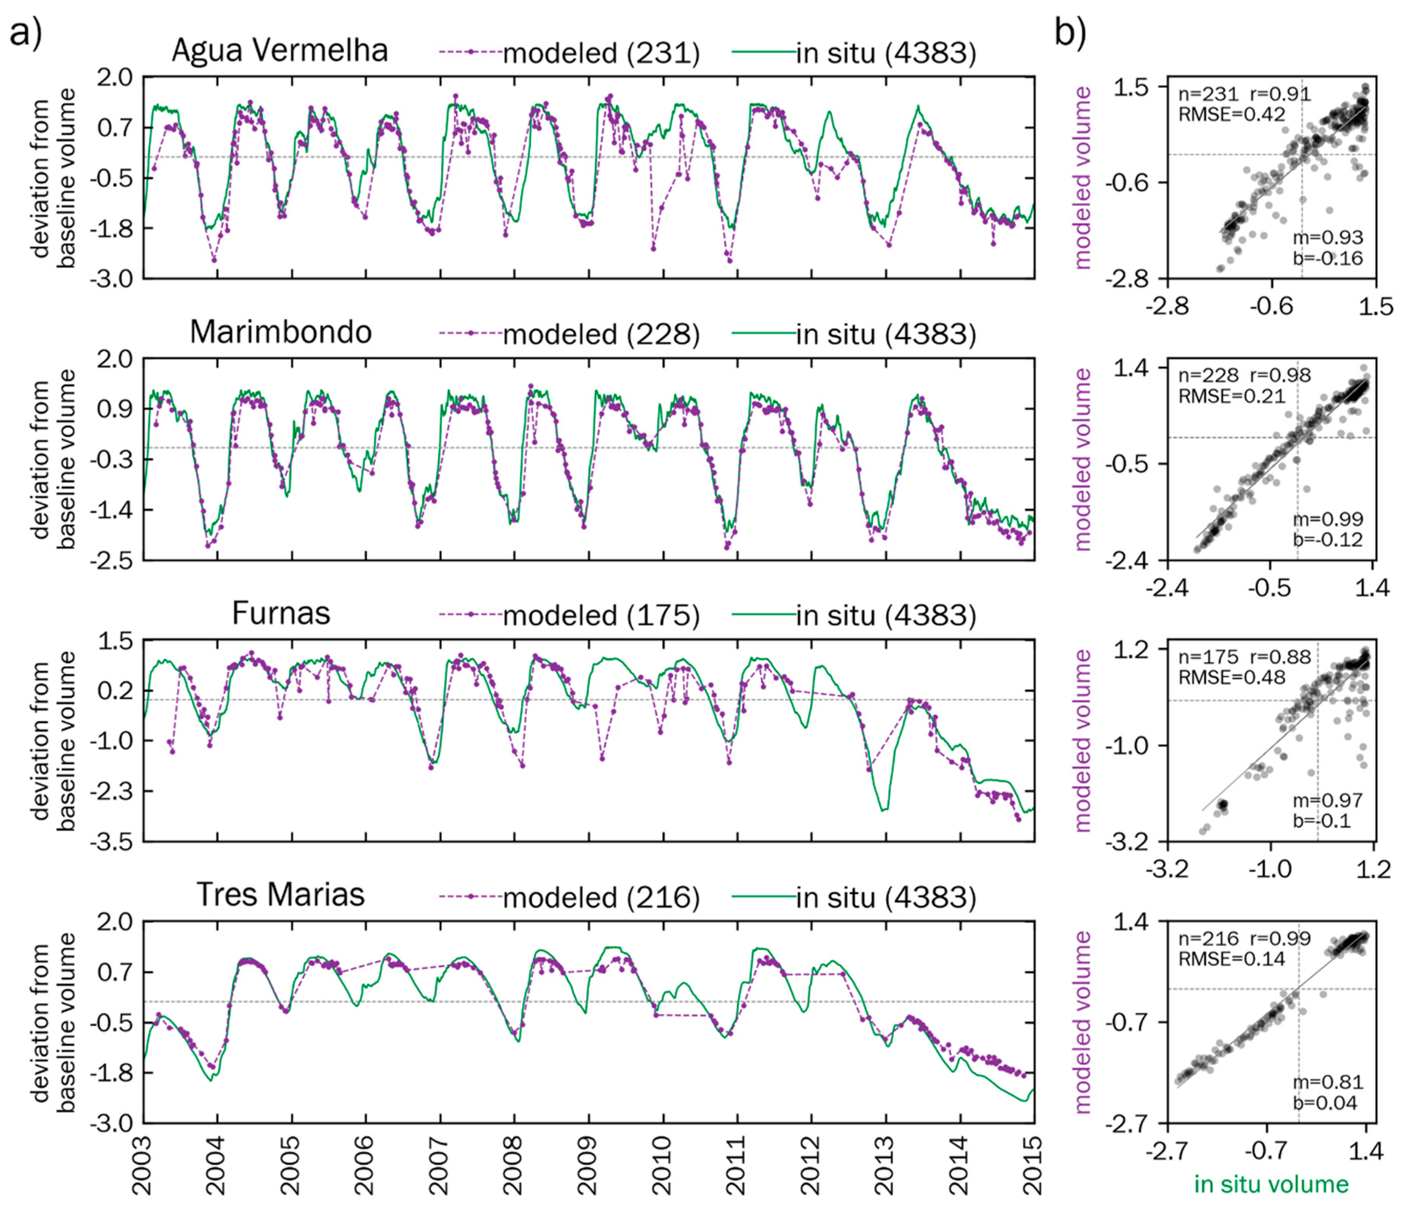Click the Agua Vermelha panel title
[x=280, y=51]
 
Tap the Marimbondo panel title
[x=280, y=332]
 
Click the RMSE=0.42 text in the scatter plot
[x=1231, y=114]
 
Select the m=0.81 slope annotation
[x=1327, y=1082]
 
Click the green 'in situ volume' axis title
[x=1271, y=1184]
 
